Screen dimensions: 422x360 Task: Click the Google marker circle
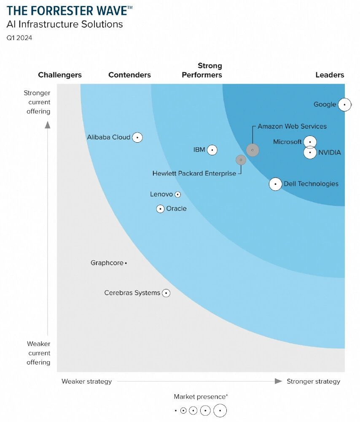pyautogui.click(x=344, y=104)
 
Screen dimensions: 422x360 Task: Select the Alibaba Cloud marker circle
pyautogui.click(x=137, y=137)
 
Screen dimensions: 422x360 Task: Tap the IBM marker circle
pyautogui.click(x=212, y=150)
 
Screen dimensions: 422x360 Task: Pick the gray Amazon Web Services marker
pyautogui.click(x=253, y=150)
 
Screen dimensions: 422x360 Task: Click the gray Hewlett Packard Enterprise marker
pyautogui.click(x=241, y=160)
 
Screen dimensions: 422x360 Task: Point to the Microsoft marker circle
pyautogui.click(x=310, y=142)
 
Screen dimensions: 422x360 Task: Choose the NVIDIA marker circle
pyautogui.click(x=310, y=152)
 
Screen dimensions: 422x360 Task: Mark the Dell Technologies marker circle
pyautogui.click(x=275, y=184)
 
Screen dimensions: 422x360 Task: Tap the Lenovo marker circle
pyautogui.click(x=177, y=195)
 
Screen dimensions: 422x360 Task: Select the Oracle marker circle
pyautogui.click(x=160, y=208)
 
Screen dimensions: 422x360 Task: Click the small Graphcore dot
pyautogui.click(x=126, y=263)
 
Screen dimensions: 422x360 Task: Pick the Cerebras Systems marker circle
pyautogui.click(x=166, y=293)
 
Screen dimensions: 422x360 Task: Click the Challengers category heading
pyautogui.click(x=60, y=75)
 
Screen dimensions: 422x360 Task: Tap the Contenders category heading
pyautogui.click(x=129, y=75)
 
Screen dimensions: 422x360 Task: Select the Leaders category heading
pyautogui.click(x=330, y=75)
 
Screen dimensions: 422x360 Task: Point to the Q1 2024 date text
pyautogui.click(x=19, y=38)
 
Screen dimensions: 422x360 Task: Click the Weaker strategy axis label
pyautogui.click(x=87, y=381)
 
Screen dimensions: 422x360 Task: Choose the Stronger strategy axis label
pyautogui.click(x=313, y=381)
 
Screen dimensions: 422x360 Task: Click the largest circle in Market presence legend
pyautogui.click(x=220, y=410)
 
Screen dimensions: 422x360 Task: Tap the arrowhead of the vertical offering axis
pyautogui.click(x=48, y=124)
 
